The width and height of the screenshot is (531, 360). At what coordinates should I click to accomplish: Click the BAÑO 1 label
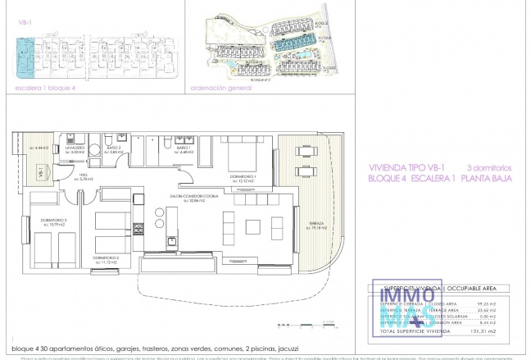[x=183, y=149]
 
